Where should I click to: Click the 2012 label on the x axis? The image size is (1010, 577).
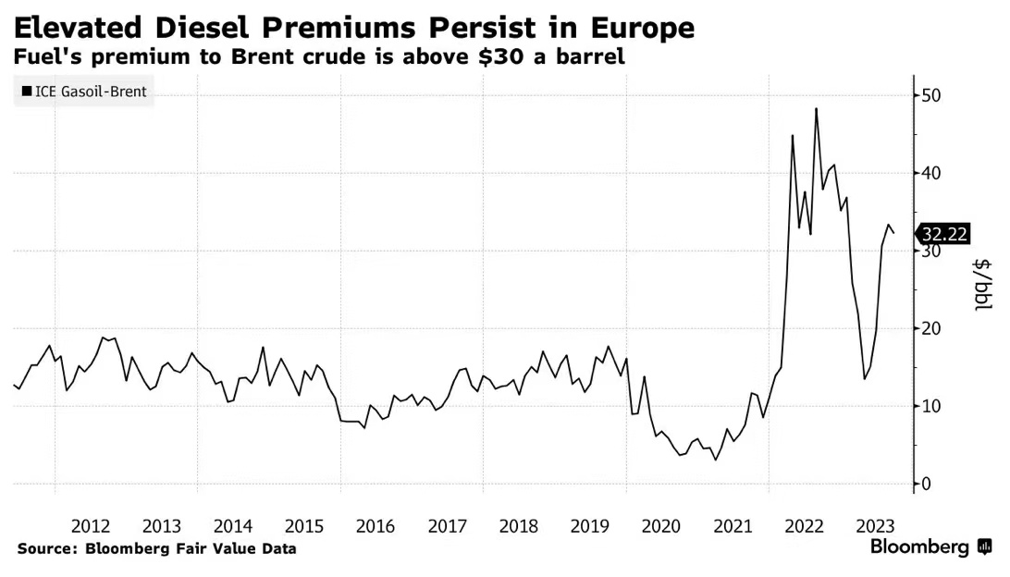pos(91,526)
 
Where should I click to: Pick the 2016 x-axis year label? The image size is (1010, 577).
pos(376,526)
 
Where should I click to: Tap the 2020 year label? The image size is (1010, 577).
pos(660,526)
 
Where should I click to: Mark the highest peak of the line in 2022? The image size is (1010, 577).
pos(816,109)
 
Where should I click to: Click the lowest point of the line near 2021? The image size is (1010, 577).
pos(715,460)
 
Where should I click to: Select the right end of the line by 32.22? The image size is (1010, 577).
pos(893,233)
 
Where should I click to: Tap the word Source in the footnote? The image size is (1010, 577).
pos(44,548)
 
